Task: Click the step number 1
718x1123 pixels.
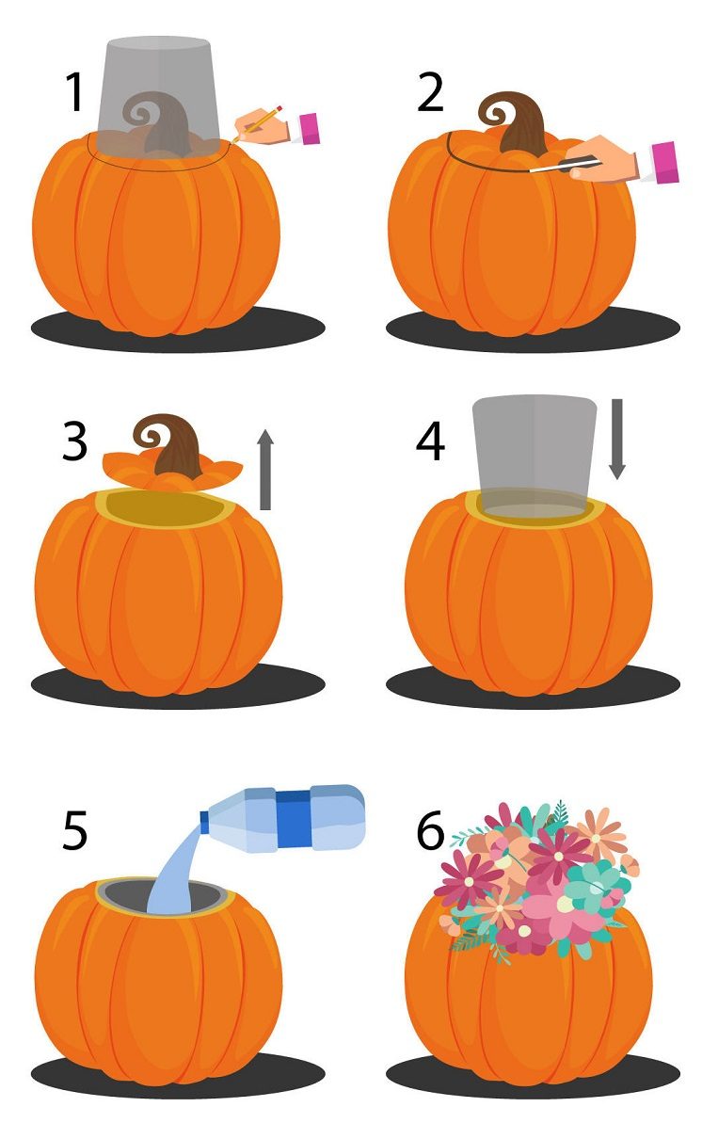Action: [x=73, y=91]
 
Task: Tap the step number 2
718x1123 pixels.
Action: [x=430, y=91]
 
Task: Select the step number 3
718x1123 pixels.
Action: [x=75, y=441]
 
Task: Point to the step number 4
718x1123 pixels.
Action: [x=430, y=441]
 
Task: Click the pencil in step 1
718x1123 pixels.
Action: [x=257, y=122]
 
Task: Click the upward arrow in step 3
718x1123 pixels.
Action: [x=264, y=470]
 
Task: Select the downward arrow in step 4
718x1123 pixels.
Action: [x=617, y=439]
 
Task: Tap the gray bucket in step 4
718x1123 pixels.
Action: [x=534, y=456]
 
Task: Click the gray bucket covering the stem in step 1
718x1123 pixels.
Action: [x=158, y=97]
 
